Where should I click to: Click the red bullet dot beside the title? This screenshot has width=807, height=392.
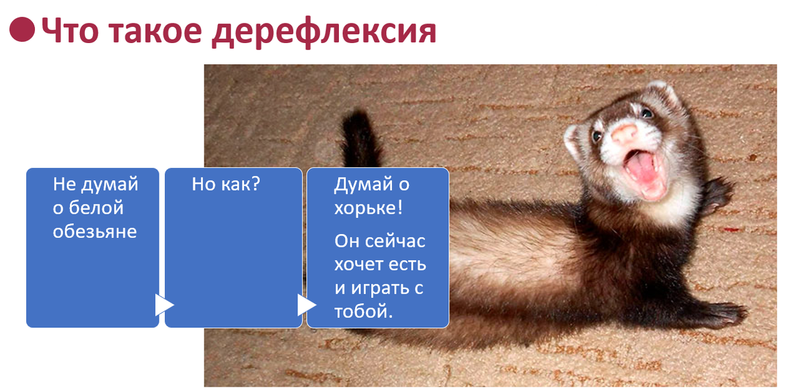tap(22, 29)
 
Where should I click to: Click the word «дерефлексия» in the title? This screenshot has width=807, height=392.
tap(324, 32)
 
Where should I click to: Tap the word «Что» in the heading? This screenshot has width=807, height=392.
tap(70, 31)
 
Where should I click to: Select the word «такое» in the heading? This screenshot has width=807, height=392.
tap(155, 32)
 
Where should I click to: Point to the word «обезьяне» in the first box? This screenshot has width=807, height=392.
tap(95, 231)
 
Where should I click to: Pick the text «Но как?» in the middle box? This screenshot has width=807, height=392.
tap(225, 184)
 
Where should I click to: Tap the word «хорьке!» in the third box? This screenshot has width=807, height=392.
tap(369, 208)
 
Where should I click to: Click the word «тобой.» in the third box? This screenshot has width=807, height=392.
tap(363, 311)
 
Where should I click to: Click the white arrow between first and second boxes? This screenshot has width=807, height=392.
tap(164, 305)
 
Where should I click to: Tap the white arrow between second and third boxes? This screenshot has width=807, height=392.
tap(307, 305)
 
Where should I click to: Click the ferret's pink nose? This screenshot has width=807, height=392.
tap(625, 133)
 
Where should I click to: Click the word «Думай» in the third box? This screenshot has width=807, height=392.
tap(363, 185)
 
